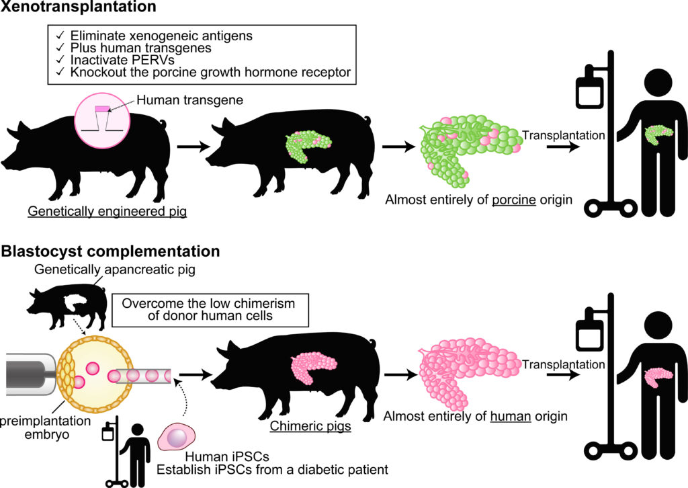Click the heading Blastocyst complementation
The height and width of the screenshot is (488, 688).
(x=111, y=252)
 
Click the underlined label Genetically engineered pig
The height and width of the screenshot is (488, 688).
(x=107, y=211)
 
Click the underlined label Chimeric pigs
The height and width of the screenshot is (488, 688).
(x=310, y=426)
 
